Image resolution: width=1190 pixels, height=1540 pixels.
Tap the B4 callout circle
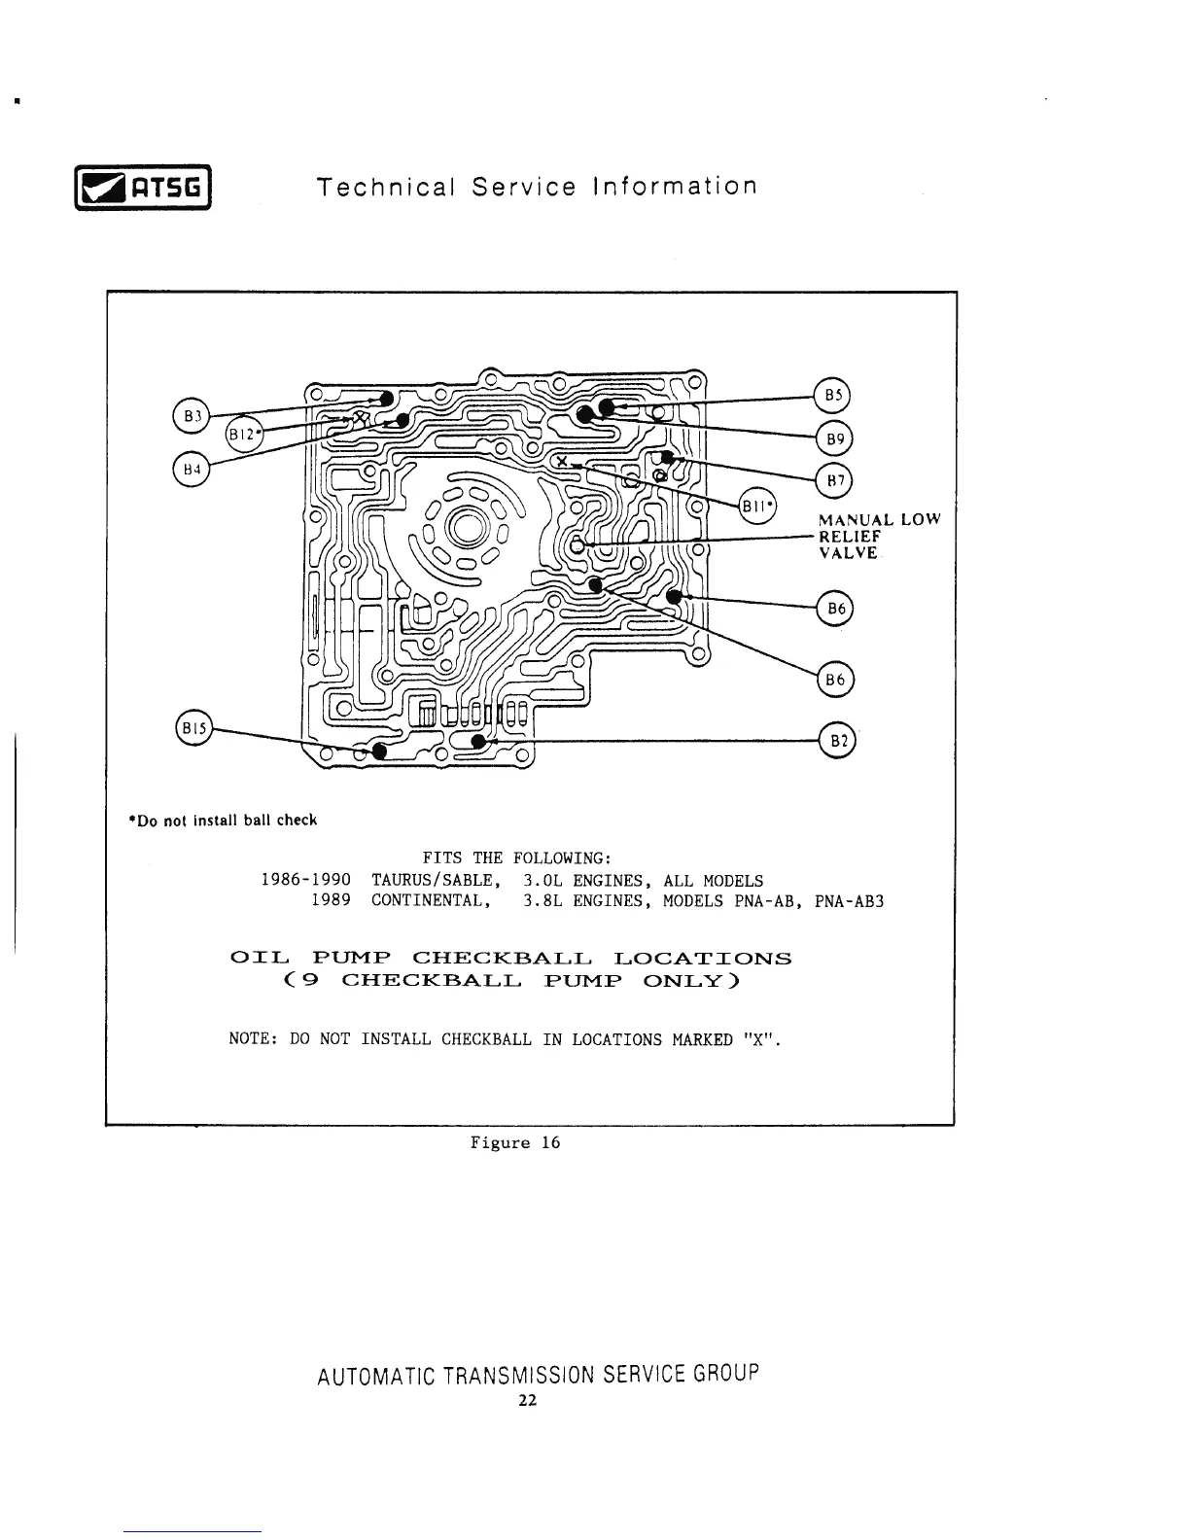click(192, 469)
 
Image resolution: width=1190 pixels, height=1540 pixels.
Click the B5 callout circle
click(832, 395)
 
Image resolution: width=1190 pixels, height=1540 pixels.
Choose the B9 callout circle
click(833, 437)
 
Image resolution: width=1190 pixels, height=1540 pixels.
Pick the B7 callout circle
click(833, 480)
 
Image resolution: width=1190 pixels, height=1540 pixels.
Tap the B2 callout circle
click(837, 740)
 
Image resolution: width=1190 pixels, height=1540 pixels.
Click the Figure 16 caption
click(515, 1142)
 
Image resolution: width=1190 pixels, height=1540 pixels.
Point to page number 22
click(527, 1401)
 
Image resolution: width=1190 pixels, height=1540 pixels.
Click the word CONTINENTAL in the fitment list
click(428, 901)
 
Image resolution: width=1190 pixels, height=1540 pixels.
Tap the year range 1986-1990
click(306, 881)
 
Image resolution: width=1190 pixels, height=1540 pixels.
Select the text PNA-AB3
click(849, 901)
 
